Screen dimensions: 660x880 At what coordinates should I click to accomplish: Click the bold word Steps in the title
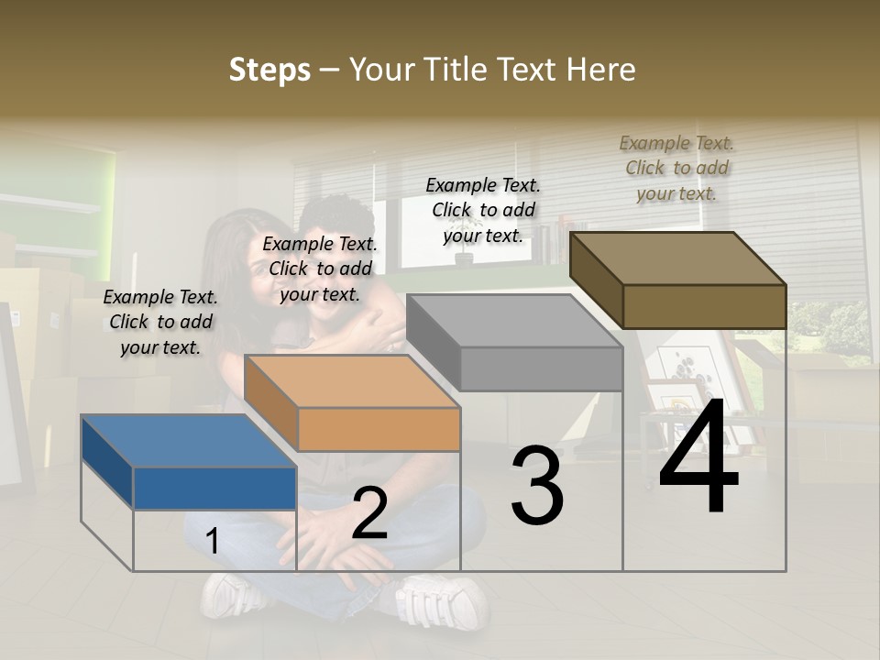[269, 70]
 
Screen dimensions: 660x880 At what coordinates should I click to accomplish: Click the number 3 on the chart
[537, 486]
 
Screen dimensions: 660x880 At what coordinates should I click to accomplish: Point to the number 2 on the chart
[369, 514]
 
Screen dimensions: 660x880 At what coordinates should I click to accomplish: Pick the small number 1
[212, 542]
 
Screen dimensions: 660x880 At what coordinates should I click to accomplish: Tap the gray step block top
[513, 321]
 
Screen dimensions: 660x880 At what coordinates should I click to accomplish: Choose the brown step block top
[677, 258]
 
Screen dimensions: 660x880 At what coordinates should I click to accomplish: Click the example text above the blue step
[160, 322]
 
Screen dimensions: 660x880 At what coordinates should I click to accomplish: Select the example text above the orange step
[320, 269]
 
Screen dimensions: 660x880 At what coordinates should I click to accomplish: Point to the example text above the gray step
[483, 210]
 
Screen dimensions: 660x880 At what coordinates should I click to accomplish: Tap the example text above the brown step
[676, 168]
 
